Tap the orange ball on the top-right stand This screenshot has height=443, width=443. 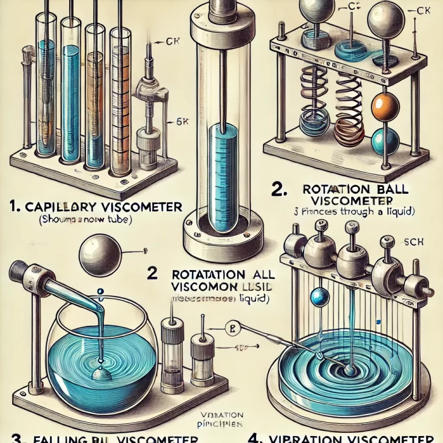pyautogui.click(x=382, y=106)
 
